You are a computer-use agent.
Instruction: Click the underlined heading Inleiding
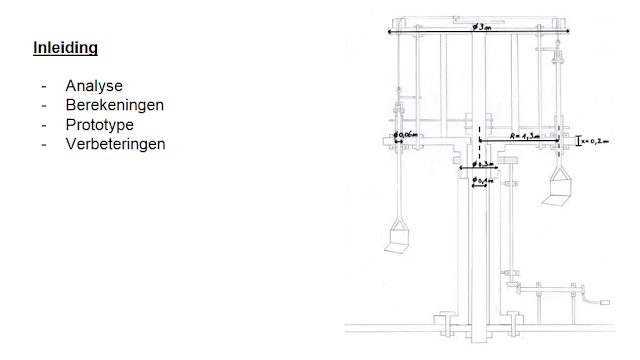point(65,48)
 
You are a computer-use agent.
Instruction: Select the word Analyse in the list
point(94,86)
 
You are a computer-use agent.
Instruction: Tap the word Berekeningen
point(115,105)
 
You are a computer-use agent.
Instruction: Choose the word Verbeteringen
point(116,144)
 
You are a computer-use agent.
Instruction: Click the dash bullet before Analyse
point(45,86)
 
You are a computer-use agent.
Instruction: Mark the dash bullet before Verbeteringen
point(45,144)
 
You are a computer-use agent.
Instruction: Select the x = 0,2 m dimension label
point(597,141)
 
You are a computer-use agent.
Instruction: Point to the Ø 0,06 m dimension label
point(406,134)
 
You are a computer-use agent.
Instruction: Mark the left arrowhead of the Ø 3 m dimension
point(390,32)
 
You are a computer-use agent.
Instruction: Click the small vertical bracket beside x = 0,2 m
point(580,141)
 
